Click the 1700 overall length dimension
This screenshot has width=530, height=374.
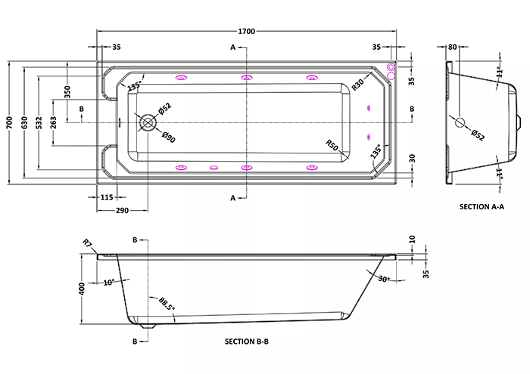[x=246, y=32]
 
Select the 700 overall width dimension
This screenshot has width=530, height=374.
[x=9, y=122]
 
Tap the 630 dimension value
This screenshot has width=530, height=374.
[x=24, y=122]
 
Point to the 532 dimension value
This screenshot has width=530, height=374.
[x=39, y=122]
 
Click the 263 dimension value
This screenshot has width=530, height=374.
[x=54, y=122]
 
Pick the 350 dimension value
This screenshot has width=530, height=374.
[x=67, y=91]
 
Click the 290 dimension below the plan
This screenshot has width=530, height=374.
[x=122, y=211]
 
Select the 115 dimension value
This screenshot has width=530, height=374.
[x=107, y=197]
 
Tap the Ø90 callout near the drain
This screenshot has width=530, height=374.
[x=168, y=137]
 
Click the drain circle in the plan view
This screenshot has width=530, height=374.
[x=148, y=122]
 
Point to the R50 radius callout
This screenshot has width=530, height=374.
[x=332, y=145]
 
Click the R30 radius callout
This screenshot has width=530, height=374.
[x=357, y=85]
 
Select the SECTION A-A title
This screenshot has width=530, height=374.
[x=482, y=207]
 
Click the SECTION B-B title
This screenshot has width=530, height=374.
[x=247, y=342]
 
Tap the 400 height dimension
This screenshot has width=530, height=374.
[x=82, y=289]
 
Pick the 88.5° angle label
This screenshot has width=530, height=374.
[x=167, y=304]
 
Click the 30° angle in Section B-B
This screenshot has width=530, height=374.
[x=384, y=280]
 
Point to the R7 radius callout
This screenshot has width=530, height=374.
[x=87, y=243]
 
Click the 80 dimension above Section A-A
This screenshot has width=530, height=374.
[x=452, y=47]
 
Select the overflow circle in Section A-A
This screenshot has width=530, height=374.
[x=460, y=122]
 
